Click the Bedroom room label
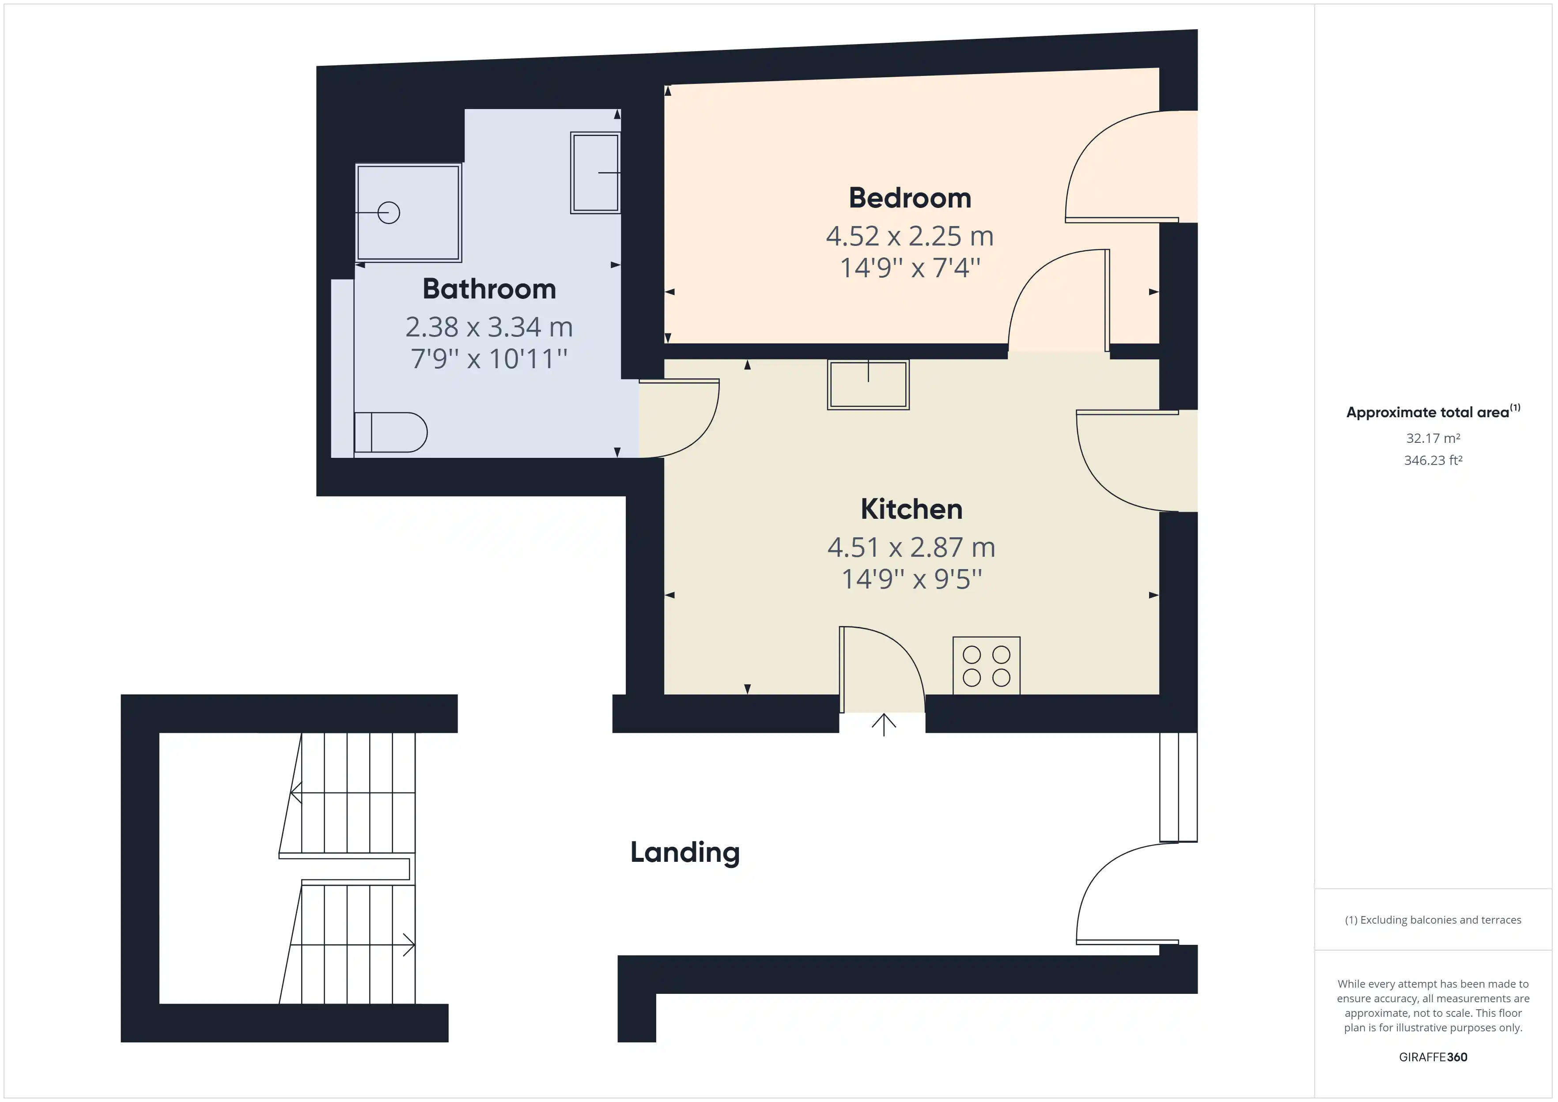[x=910, y=198]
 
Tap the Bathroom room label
[x=489, y=289]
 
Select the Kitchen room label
[x=911, y=509]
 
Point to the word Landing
[x=684, y=853]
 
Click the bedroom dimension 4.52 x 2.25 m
[x=910, y=236]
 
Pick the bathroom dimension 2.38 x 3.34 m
[x=489, y=327]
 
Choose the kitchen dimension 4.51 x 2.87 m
[x=911, y=547]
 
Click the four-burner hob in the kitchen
[x=987, y=666]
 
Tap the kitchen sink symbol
[x=868, y=385]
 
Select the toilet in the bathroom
[x=390, y=432]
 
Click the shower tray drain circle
[x=389, y=213]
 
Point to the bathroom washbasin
[x=595, y=172]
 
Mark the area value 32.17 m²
[x=1433, y=438]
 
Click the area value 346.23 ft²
[x=1433, y=460]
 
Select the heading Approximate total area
[x=1428, y=412]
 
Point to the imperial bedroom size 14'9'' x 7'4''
[x=910, y=268]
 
